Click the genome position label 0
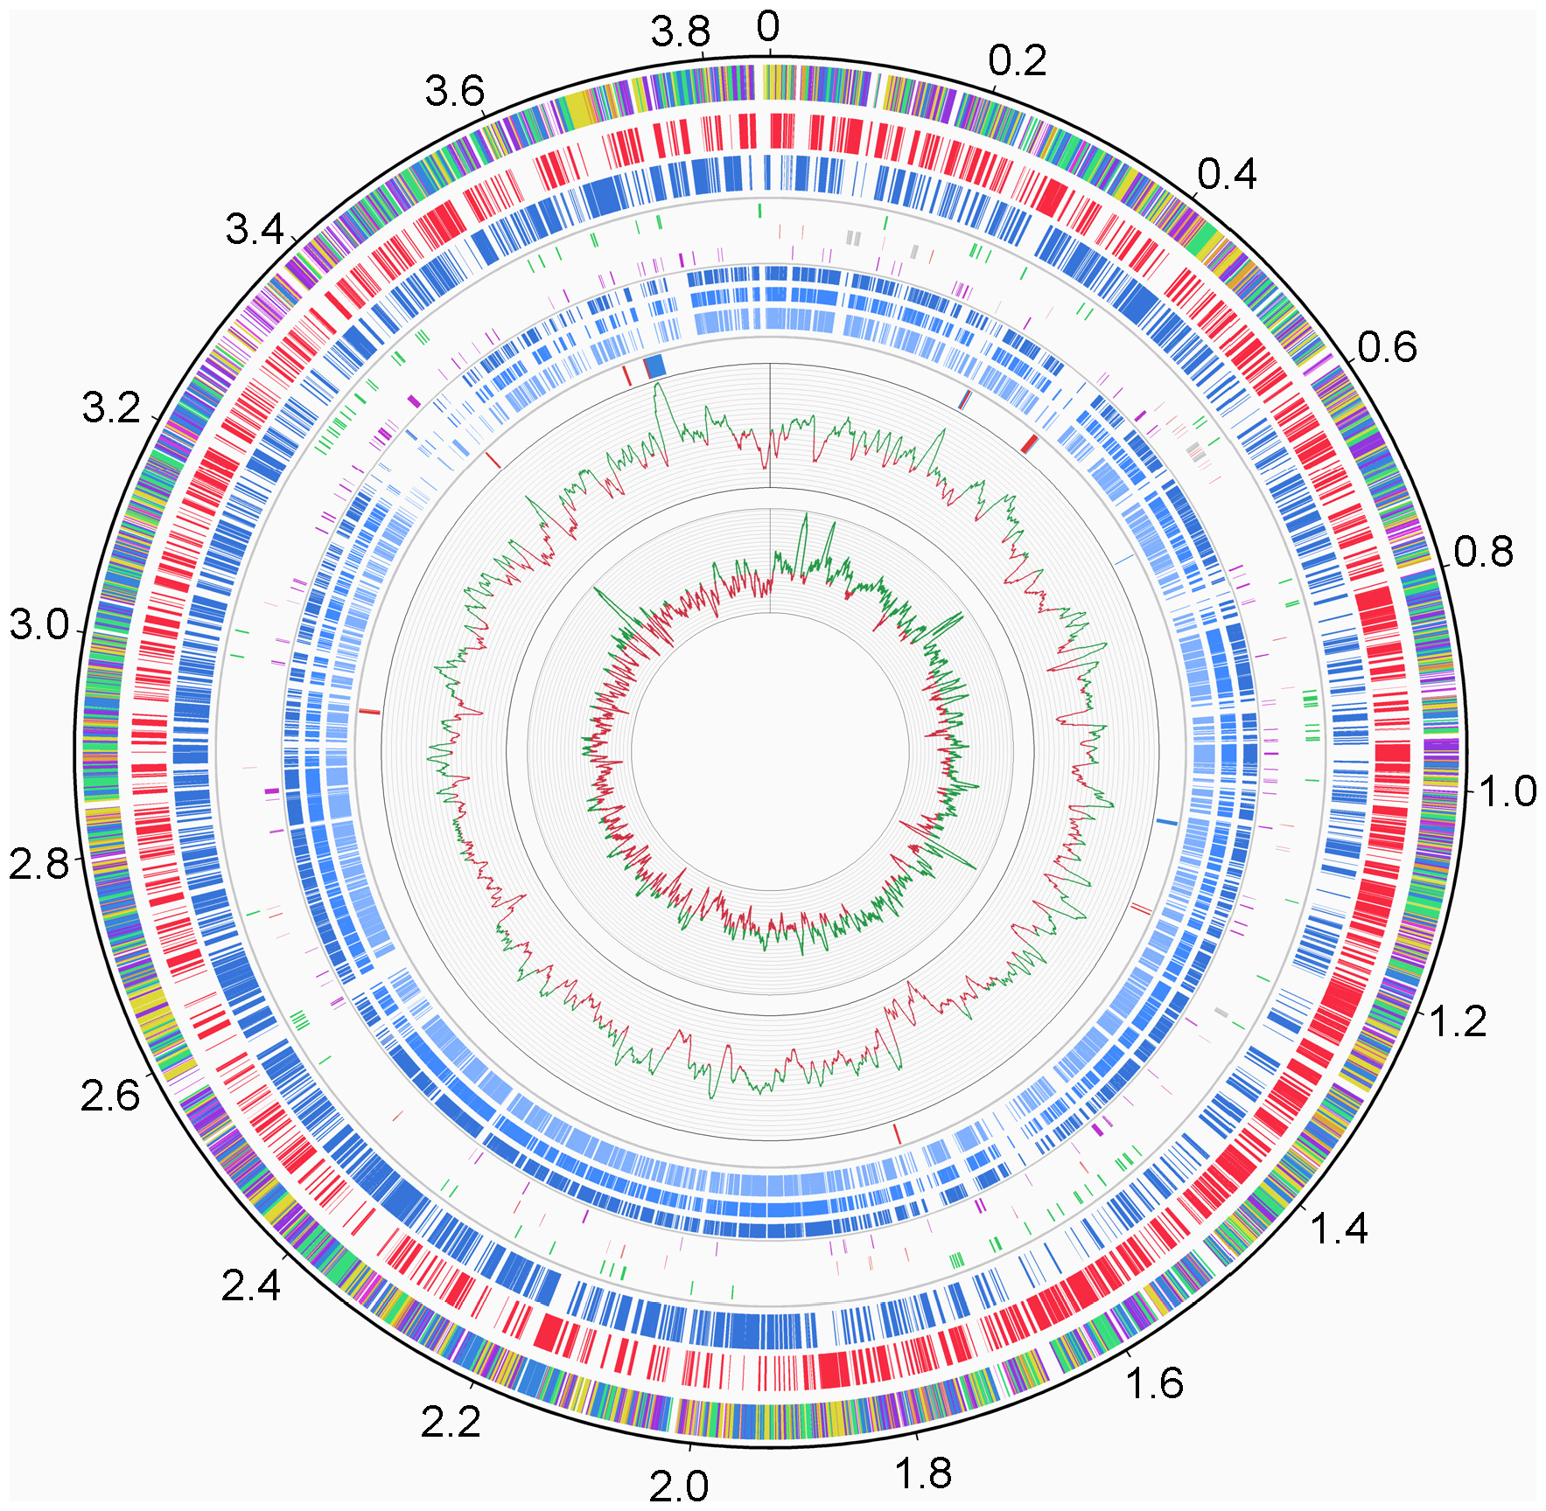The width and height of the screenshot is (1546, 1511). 767,27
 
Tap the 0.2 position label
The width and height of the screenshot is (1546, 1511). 1018,61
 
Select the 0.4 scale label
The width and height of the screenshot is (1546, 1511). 1227,175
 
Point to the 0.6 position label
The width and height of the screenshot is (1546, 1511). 1388,348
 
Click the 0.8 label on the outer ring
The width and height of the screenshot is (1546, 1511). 1484,553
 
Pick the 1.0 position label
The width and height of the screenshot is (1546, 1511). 1508,791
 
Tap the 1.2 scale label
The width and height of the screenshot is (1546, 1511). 1458,1021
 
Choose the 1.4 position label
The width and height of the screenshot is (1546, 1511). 1339,1229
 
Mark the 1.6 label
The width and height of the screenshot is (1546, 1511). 1154,1384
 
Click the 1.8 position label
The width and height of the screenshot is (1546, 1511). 923,1473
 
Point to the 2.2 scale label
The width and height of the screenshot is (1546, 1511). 451,1424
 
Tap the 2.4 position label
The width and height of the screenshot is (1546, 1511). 251,1285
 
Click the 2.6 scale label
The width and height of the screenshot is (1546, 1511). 110,1096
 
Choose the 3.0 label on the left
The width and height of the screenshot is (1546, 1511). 39,625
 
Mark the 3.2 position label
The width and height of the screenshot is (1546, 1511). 111,408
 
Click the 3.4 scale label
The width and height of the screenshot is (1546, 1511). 255,230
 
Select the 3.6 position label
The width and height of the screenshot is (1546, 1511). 455,91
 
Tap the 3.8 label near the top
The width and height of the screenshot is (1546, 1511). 681,33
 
